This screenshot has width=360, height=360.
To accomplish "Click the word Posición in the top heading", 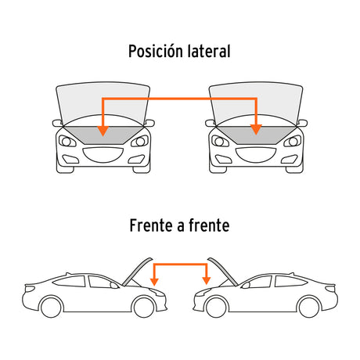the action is pyautogui.click(x=155, y=51).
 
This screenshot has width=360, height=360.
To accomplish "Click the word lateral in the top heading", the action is pyautogui.click(x=209, y=51).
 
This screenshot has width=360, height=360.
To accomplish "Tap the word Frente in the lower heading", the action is pyautogui.click(x=150, y=225).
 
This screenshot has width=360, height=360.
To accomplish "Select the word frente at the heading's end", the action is pyautogui.click(x=209, y=225).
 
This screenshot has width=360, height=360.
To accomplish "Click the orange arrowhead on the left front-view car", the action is pyautogui.click(x=103, y=131).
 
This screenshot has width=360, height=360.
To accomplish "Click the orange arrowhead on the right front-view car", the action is pyautogui.click(x=256, y=130).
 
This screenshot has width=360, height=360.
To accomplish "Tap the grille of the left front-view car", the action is pyautogui.click(x=103, y=154).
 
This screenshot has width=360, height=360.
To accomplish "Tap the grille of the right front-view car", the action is pyautogui.click(x=256, y=154).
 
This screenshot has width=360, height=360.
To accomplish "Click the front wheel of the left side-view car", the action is pyautogui.click(x=144, y=307).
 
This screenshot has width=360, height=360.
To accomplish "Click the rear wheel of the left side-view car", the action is pyautogui.click(x=51, y=307).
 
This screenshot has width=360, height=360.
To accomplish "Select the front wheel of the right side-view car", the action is pyautogui.click(x=216, y=307).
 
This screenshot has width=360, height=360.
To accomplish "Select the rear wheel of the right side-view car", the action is pyautogui.click(x=309, y=307).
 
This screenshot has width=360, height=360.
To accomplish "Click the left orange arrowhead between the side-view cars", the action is pyautogui.click(x=154, y=282).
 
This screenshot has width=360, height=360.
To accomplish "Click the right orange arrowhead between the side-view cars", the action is pyautogui.click(x=207, y=281).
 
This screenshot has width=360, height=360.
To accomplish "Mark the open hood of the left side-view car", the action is pyautogui.click(x=137, y=272).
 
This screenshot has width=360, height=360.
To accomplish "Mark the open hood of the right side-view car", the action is pyautogui.click(x=223, y=272).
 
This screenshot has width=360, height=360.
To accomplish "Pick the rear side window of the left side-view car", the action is pyautogui.click(x=70, y=281).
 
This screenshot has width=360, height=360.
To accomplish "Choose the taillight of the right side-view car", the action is pyautogui.click(x=330, y=288).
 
